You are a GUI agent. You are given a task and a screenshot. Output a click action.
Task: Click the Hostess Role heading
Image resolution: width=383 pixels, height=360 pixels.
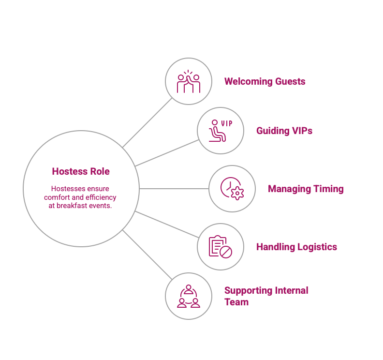(x=81, y=171)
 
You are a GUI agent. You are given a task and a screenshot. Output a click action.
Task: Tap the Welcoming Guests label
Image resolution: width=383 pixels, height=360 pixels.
(x=265, y=81)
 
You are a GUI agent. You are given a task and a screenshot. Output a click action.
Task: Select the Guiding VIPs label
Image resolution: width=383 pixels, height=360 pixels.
(x=284, y=131)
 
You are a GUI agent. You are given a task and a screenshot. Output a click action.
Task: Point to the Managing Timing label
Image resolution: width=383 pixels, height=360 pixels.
(x=305, y=189)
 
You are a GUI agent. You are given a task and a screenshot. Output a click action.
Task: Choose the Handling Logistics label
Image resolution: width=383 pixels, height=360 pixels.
(x=296, y=247)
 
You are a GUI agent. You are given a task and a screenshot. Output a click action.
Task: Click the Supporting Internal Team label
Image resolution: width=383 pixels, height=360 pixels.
(x=266, y=296)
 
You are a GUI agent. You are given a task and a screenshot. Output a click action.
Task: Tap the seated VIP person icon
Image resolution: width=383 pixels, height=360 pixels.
(x=216, y=131)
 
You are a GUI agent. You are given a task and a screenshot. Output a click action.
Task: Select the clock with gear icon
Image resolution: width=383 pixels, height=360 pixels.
(x=232, y=189)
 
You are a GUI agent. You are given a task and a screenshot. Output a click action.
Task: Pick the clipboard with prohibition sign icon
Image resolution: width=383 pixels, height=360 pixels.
(x=221, y=247)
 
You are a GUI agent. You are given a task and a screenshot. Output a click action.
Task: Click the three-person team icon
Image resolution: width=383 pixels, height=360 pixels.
(x=189, y=296)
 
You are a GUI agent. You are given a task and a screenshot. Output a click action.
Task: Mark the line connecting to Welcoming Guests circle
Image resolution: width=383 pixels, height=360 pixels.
(x=147, y=122)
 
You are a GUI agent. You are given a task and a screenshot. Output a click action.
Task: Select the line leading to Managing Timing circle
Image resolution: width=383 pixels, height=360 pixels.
(x=174, y=189)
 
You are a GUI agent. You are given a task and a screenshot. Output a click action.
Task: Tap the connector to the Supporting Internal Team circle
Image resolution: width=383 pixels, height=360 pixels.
(x=147, y=255)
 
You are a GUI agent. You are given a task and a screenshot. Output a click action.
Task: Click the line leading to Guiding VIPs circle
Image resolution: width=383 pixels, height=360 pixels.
(x=167, y=153)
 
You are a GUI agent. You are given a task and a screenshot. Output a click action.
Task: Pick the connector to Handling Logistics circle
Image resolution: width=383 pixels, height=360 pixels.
(x=167, y=225)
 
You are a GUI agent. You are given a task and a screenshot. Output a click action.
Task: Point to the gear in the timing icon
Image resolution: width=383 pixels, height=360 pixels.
(x=237, y=194)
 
